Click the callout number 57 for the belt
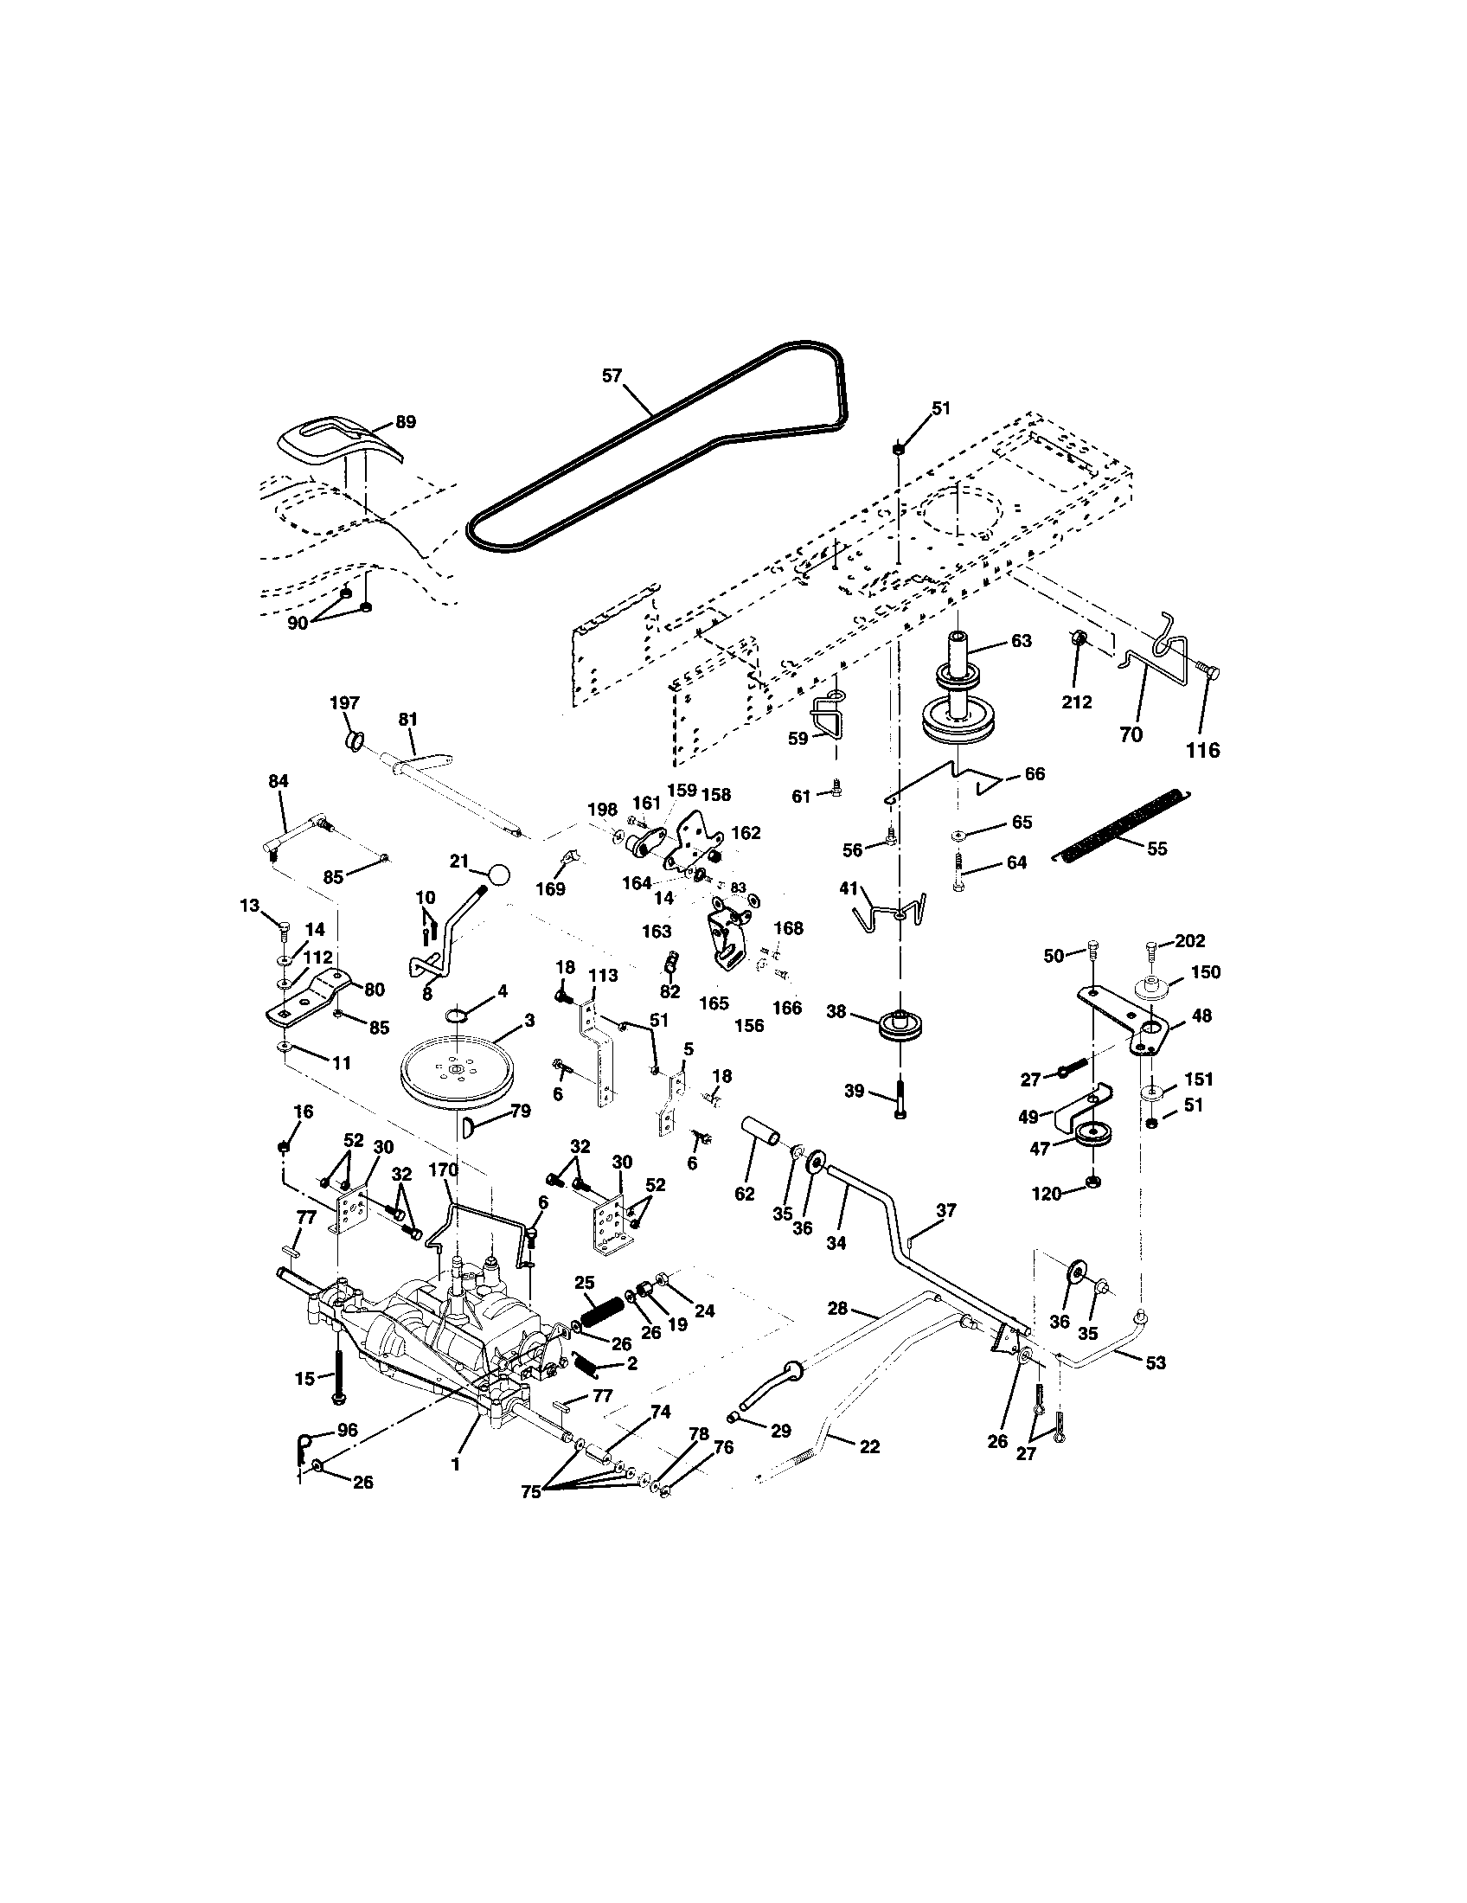612,375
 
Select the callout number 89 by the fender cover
405,422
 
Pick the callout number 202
1190,941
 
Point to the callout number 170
445,1170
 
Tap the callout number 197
344,702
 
